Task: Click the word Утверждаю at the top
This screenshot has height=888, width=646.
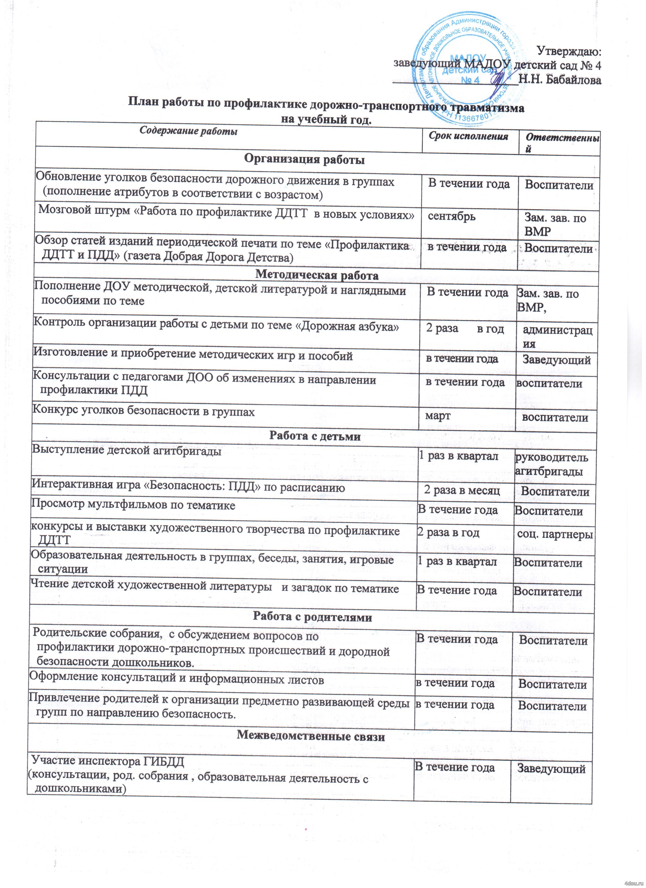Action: pyautogui.click(x=569, y=51)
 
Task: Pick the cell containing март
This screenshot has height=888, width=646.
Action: pyautogui.click(x=438, y=415)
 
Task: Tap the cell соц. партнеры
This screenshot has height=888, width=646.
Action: pyautogui.click(x=555, y=534)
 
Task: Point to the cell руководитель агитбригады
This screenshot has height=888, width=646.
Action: pyautogui.click(x=551, y=464)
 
